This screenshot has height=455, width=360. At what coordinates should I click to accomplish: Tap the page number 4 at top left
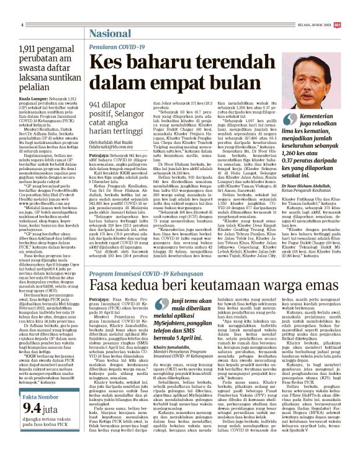click(22, 24)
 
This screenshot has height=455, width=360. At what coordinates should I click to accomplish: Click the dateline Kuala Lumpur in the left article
click(32, 98)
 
